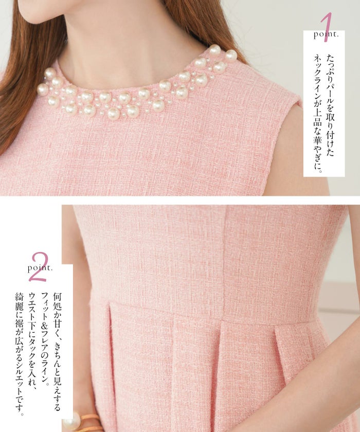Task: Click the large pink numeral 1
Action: [327, 28]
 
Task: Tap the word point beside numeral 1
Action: [326, 35]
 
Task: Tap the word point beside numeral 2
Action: [40, 268]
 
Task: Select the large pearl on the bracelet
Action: [71, 421]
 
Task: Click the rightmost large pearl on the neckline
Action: [231, 55]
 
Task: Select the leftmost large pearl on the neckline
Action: [43, 89]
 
